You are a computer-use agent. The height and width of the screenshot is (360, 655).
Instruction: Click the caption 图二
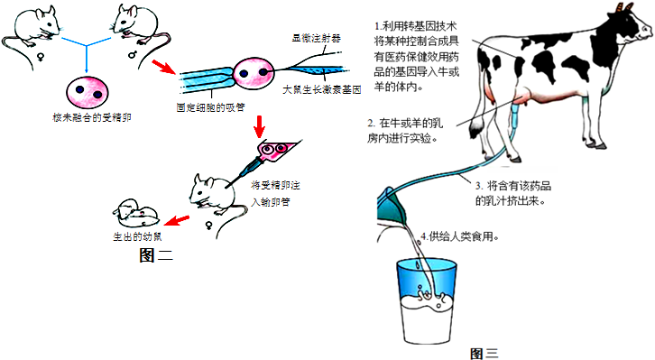click(x=157, y=256)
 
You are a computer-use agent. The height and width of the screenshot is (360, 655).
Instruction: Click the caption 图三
click(x=484, y=353)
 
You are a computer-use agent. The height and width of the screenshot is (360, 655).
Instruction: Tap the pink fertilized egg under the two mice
click(x=87, y=92)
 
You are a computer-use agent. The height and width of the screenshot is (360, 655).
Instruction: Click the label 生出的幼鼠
click(x=137, y=237)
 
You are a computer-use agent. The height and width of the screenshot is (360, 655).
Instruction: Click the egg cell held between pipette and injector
click(x=253, y=75)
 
